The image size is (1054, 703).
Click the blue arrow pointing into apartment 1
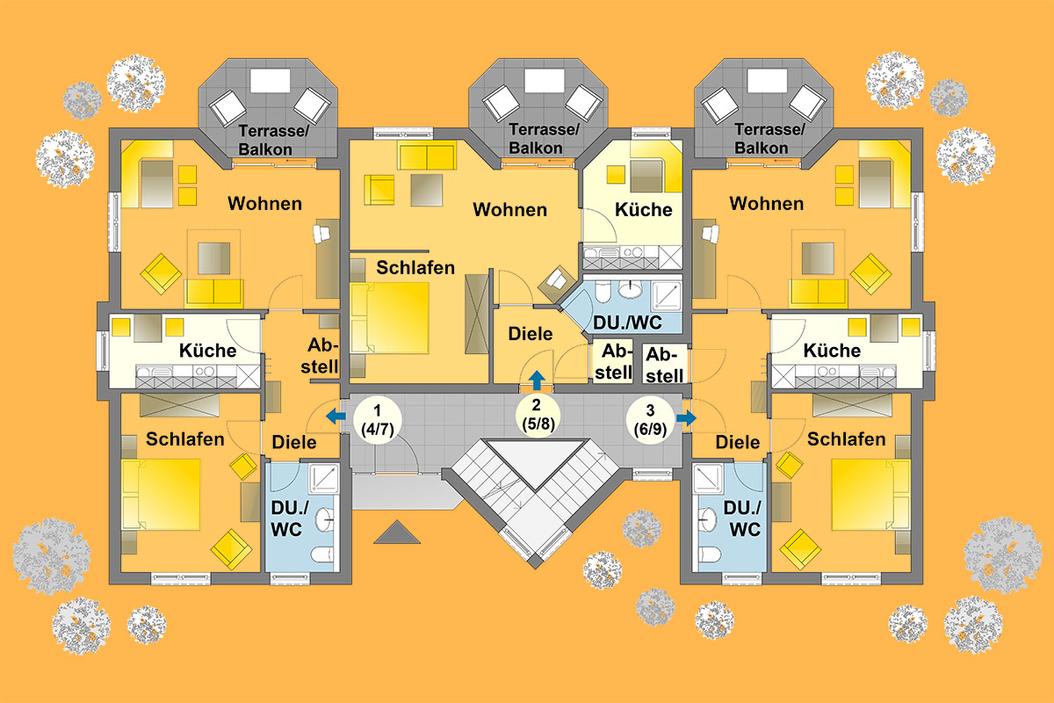click(336, 417)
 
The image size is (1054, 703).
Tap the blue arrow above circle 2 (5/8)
click(537, 380)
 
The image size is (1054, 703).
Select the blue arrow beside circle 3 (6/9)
click(687, 417)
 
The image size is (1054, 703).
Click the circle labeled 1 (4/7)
click(378, 420)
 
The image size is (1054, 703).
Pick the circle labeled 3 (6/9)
click(650, 420)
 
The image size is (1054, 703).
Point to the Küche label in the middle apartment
click(644, 210)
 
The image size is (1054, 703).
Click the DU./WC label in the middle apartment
click(628, 323)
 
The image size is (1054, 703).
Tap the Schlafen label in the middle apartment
click(415, 268)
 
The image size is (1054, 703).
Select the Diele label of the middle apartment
click(531, 334)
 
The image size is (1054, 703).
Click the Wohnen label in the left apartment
click(265, 203)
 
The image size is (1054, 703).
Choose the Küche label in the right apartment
click(832, 351)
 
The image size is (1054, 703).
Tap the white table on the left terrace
click(271, 81)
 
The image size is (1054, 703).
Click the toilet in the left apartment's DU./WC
click(323, 554)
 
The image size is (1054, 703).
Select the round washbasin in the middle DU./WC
click(631, 288)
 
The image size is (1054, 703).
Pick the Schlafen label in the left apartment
click(185, 439)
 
